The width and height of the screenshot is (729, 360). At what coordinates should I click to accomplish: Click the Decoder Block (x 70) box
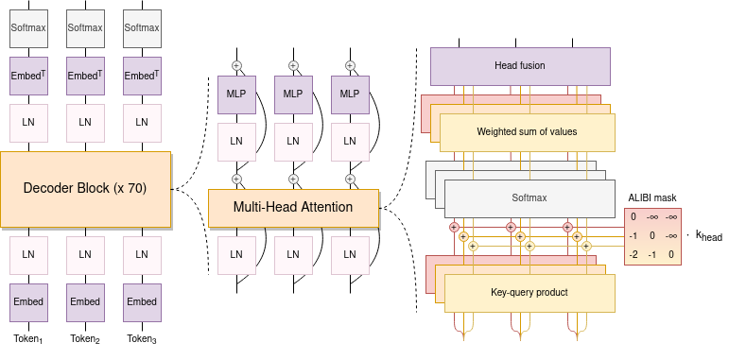tap(85, 188)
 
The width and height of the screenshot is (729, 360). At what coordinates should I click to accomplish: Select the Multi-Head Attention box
tap(293, 207)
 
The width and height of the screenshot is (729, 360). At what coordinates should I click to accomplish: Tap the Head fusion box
tap(519, 66)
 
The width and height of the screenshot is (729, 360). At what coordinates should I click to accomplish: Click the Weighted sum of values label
tap(527, 131)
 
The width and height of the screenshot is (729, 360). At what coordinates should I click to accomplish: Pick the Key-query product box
tap(529, 293)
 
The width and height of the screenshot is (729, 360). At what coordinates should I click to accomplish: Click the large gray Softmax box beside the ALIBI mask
tap(529, 198)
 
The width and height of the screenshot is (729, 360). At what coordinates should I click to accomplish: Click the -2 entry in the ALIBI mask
tap(634, 254)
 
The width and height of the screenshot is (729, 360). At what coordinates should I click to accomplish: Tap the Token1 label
tap(28, 338)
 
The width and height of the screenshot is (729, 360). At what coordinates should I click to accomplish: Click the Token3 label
tap(142, 338)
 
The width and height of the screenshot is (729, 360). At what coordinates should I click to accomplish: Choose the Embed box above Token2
tap(85, 301)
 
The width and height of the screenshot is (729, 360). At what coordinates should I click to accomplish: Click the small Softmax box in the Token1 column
tap(28, 28)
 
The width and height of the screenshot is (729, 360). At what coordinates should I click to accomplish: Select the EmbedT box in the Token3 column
tap(142, 76)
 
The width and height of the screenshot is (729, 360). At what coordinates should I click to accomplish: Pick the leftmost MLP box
tap(236, 94)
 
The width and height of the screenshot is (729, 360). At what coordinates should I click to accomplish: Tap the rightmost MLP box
tap(350, 94)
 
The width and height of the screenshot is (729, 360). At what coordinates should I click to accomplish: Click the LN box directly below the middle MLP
tap(293, 141)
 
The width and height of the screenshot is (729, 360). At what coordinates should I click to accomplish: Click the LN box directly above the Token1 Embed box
tap(28, 254)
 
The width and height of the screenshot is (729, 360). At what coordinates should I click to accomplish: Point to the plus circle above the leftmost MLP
tap(236, 65)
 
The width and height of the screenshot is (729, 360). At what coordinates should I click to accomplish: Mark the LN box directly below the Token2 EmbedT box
tap(85, 122)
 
